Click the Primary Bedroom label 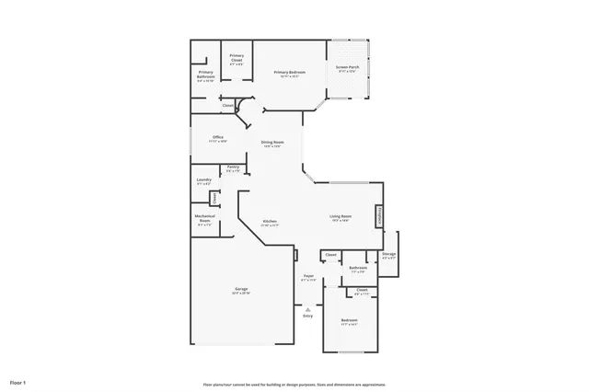click(x=289, y=74)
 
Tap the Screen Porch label click(x=347, y=69)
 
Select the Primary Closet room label click(x=237, y=60)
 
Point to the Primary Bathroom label click(x=205, y=77)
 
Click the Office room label click(x=217, y=139)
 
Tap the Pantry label click(x=233, y=168)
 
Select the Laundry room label click(x=204, y=181)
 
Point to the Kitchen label click(x=270, y=222)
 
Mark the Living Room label click(x=341, y=218)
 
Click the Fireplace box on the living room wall click(x=377, y=216)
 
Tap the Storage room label click(x=388, y=257)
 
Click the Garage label click(x=240, y=291)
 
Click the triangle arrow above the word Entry click(x=308, y=309)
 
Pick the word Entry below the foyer click(x=308, y=316)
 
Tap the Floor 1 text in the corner click(x=18, y=381)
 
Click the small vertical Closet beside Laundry click(x=214, y=198)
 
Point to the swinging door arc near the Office click(x=244, y=114)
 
